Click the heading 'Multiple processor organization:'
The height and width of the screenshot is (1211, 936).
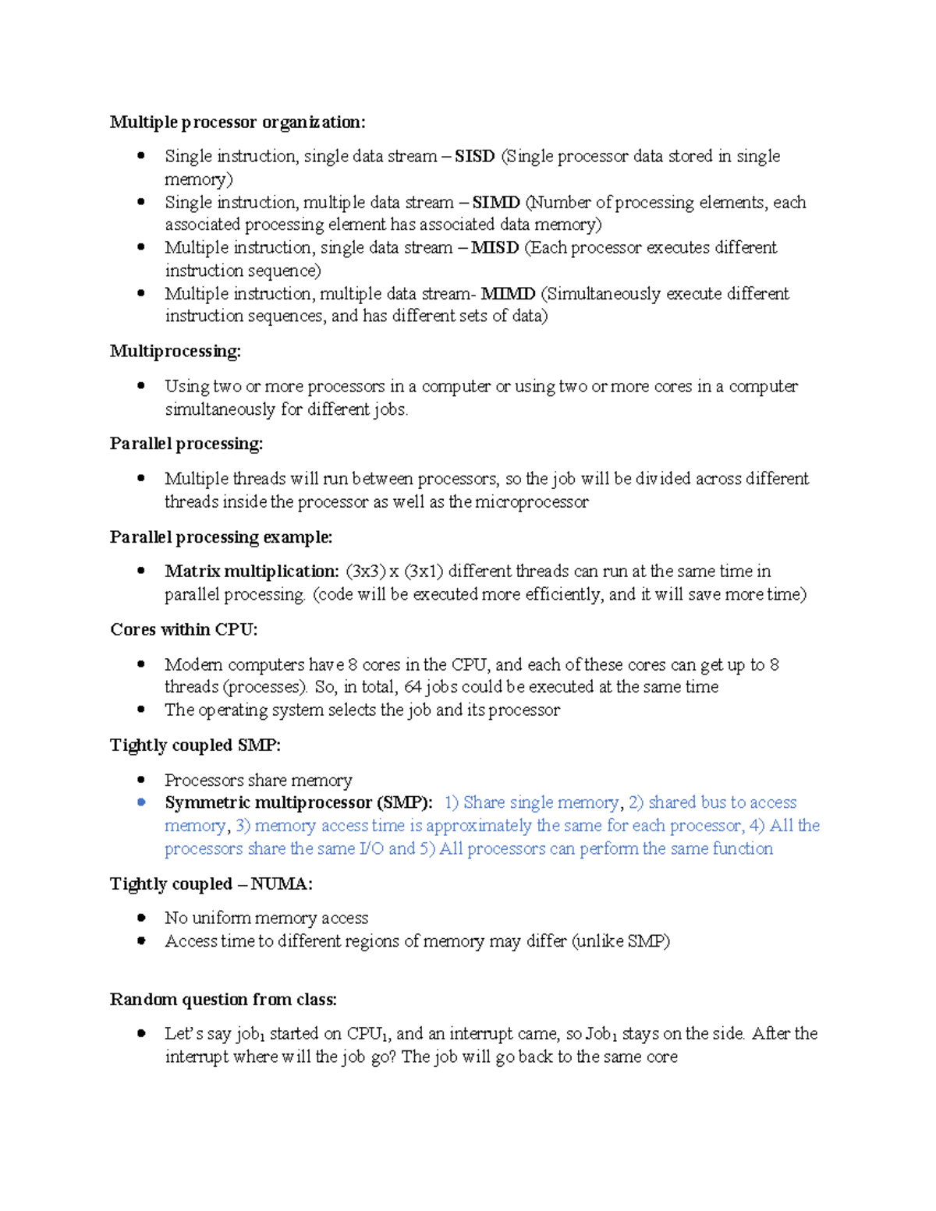tap(237, 122)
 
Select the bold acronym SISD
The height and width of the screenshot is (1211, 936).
tap(474, 157)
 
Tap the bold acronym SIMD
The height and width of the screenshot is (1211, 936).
tap(496, 203)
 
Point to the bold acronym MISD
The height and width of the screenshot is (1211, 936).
tap(495, 248)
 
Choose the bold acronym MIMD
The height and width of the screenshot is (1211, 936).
tap(508, 294)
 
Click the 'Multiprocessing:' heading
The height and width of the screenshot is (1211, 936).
tap(175, 352)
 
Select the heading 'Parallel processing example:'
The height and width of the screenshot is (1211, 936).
tap(221, 537)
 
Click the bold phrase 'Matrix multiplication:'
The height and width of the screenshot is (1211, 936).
tap(251, 572)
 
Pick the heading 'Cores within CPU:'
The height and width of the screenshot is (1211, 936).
tap(183, 630)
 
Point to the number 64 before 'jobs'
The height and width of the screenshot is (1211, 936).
tap(413, 687)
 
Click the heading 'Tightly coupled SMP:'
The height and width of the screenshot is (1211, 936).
tap(195, 745)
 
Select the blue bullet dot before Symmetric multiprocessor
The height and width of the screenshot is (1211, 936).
tap(141, 802)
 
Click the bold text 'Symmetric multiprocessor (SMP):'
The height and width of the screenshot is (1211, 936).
tap(298, 803)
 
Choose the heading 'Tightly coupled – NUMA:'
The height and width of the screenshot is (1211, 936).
tap(211, 884)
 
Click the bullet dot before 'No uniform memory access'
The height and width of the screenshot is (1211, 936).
tap(141, 918)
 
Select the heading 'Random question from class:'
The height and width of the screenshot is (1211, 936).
tap(223, 1000)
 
